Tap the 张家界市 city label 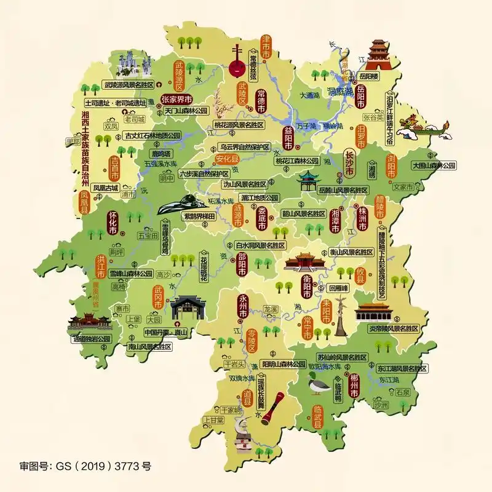[x=176, y=99]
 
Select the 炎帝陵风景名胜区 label [x=393, y=329]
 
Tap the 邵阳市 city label [x=243, y=265]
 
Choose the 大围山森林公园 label [x=434, y=165]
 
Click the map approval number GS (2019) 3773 [x=85, y=466]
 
